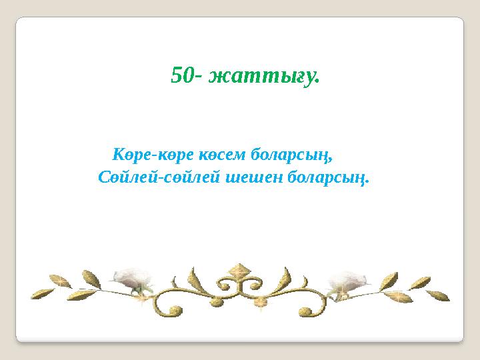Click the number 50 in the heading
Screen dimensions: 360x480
click(183, 75)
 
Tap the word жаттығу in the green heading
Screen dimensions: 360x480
click(263, 77)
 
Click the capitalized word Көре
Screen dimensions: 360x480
click(132, 156)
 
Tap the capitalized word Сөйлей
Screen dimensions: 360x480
click(124, 178)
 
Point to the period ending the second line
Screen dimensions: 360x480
click(367, 183)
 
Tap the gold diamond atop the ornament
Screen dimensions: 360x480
click(238, 271)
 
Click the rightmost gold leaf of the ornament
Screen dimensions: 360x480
click(439, 295)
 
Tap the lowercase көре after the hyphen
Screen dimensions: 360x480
click(175, 156)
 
